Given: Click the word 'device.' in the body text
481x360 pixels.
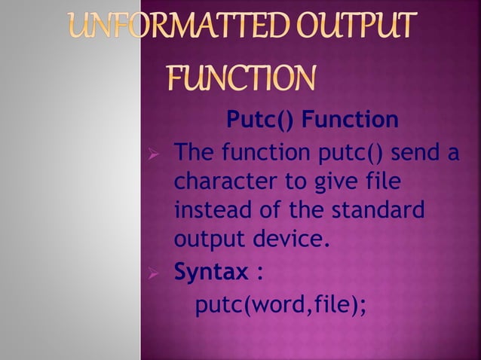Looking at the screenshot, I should (x=293, y=239).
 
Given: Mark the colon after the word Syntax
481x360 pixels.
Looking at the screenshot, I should (x=260, y=272).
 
